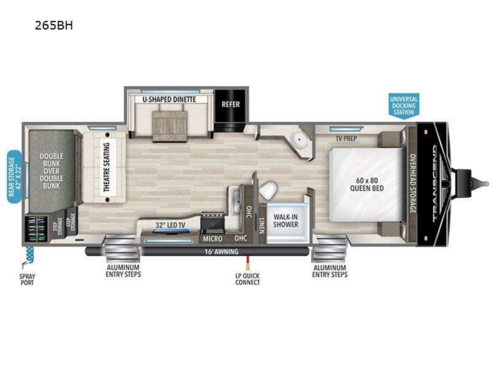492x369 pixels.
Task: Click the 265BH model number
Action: [54, 25]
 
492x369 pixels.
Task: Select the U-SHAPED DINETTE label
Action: [169, 100]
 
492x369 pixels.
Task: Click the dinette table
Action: [170, 126]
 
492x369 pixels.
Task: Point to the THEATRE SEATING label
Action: [107, 167]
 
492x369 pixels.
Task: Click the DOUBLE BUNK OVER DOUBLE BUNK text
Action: [52, 171]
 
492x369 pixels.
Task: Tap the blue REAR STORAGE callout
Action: [15, 177]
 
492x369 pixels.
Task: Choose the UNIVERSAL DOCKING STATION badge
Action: [404, 106]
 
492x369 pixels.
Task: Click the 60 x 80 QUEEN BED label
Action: [367, 184]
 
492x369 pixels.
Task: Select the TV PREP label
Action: [346, 139]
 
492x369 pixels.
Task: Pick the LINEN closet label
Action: [262, 226]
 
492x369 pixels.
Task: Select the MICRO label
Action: [212, 239]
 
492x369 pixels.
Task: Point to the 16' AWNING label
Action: [221, 252]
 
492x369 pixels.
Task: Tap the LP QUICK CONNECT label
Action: [248, 279]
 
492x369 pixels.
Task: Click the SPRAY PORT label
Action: [27, 279]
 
